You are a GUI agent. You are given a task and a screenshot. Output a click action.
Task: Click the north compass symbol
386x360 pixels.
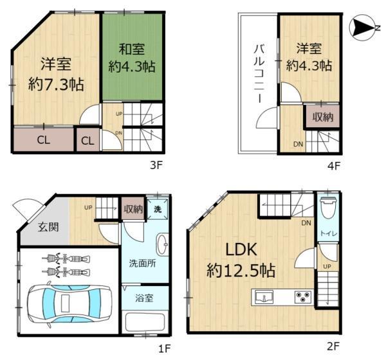click(364, 27)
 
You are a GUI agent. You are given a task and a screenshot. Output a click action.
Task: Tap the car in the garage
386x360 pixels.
click(69, 305)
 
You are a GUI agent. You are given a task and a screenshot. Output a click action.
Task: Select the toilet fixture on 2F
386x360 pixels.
click(329, 209)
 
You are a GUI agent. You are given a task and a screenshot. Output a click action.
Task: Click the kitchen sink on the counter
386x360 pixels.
click(264, 297)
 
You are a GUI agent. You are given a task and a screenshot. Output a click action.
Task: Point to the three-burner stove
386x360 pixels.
click(303, 297)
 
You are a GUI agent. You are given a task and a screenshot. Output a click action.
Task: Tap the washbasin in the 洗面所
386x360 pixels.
click(163, 244)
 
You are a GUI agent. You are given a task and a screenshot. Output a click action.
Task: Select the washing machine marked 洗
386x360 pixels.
click(158, 209)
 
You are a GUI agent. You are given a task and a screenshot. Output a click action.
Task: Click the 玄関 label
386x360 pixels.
click(48, 227)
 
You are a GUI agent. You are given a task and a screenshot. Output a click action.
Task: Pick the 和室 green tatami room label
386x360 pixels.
click(132, 49)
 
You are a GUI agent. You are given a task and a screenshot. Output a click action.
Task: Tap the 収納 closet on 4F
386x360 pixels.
click(322, 116)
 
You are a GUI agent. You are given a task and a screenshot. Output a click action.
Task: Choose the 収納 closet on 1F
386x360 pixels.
click(133, 209)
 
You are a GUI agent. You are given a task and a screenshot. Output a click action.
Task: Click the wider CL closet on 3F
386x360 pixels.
click(44, 139)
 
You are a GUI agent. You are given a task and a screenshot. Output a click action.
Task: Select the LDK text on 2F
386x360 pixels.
click(241, 249)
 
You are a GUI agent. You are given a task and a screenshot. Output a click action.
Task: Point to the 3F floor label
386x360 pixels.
click(156, 165)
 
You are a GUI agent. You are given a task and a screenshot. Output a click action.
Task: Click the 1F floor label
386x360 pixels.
click(165, 348)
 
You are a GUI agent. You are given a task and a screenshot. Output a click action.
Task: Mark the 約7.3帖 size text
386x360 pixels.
click(56, 84)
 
